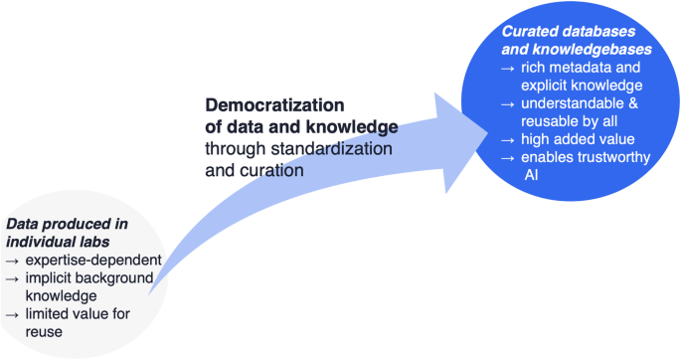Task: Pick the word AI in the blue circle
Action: (531, 175)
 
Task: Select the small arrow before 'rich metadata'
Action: (507, 68)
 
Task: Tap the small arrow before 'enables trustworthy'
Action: (507, 158)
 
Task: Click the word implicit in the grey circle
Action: (50, 278)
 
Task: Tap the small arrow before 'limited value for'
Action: (12, 314)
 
